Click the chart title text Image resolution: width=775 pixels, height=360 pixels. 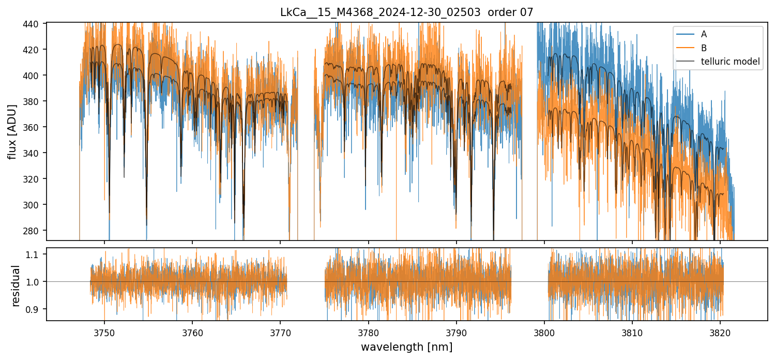pyautogui.click(x=406, y=12)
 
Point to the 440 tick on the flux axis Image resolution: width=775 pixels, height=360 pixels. pyautogui.click(x=36, y=24)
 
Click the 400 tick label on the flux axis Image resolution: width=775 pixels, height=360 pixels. pyautogui.click(x=36, y=76)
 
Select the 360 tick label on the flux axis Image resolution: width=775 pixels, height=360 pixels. pyautogui.click(x=36, y=127)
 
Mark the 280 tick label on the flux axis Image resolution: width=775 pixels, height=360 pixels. pyautogui.click(x=36, y=231)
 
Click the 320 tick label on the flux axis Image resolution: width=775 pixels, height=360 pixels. pyautogui.click(x=36, y=179)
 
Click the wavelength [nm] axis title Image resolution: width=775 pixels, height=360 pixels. pyautogui.click(x=406, y=347)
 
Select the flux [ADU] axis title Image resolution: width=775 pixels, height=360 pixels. pyautogui.click(x=12, y=131)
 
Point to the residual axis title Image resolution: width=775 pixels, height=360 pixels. pyautogui.click(x=16, y=286)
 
